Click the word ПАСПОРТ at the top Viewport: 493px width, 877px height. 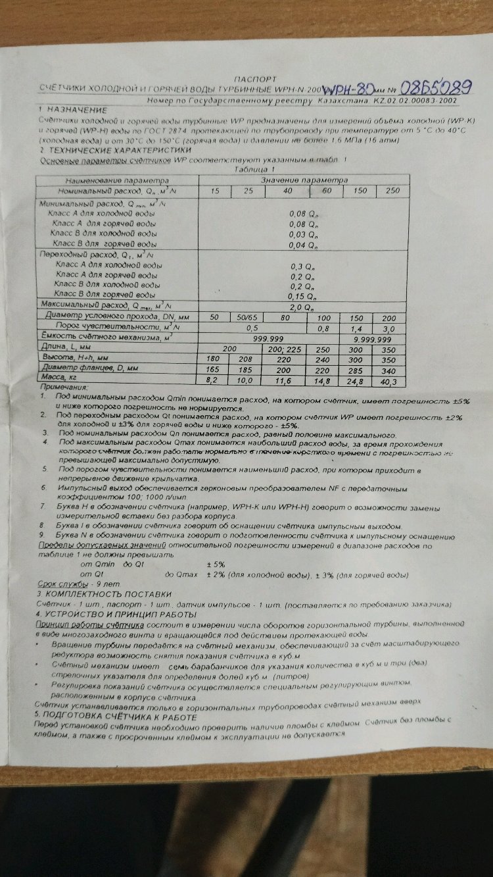click(250, 77)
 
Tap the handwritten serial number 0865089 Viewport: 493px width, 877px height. click(436, 86)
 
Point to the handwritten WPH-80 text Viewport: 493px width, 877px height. click(352, 89)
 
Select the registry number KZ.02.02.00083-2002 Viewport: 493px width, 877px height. click(415, 102)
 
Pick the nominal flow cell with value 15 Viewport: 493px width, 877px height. click(215, 191)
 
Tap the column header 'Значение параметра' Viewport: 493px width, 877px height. click(303, 180)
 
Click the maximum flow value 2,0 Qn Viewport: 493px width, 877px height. click(303, 306)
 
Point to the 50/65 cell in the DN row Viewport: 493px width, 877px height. click(248, 317)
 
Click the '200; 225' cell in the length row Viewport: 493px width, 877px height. click(284, 349)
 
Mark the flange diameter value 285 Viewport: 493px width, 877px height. click(355, 370)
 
